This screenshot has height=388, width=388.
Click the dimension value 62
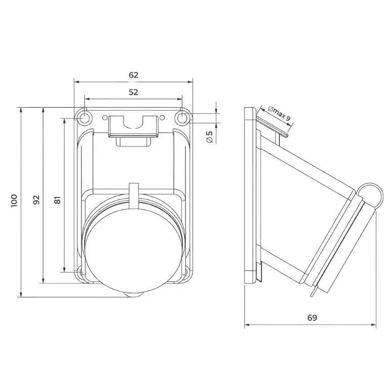133,75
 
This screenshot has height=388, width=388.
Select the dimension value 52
133,92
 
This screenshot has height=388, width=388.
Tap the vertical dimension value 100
14,201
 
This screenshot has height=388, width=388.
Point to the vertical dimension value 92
36,200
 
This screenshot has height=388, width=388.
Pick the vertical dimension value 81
57,200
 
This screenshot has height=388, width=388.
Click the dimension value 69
312,317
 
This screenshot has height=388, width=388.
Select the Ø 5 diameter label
209,137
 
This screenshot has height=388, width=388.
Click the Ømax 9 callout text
279,113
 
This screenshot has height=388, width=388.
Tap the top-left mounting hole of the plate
85,118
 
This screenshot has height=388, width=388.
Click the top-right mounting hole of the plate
182,118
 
